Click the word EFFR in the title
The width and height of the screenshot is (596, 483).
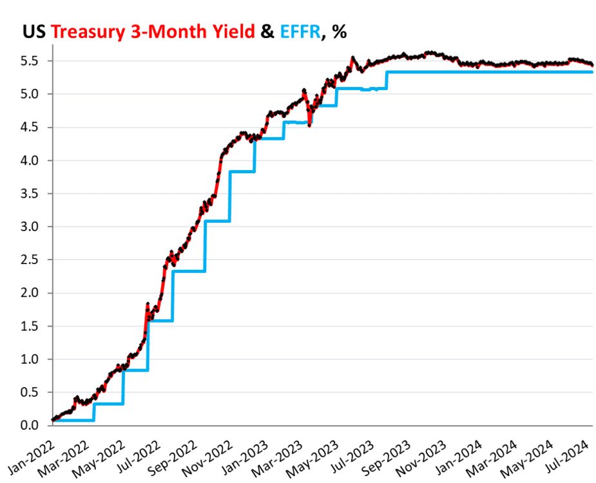(300, 32)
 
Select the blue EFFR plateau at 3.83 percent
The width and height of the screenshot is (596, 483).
(242, 171)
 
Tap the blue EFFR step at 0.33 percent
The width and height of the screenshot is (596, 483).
(108, 404)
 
